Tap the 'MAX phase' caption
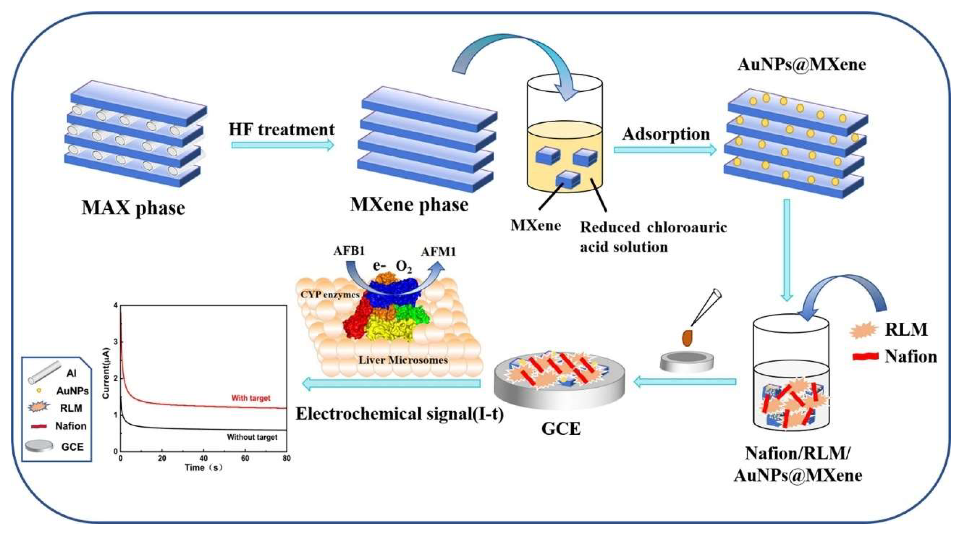click(133, 208)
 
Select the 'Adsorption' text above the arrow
click(666, 134)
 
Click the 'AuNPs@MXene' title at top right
click(801, 64)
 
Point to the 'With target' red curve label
click(251, 398)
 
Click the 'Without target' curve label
click(252, 437)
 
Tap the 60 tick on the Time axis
click(245, 459)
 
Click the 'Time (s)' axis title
click(203, 468)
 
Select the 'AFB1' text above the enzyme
click(349, 251)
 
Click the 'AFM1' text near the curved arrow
click(438, 251)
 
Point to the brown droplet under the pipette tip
click(687, 338)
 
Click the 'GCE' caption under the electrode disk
click(561, 428)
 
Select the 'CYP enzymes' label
click(330, 294)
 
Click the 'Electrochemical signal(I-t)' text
click(399, 414)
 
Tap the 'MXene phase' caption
click(409, 205)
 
